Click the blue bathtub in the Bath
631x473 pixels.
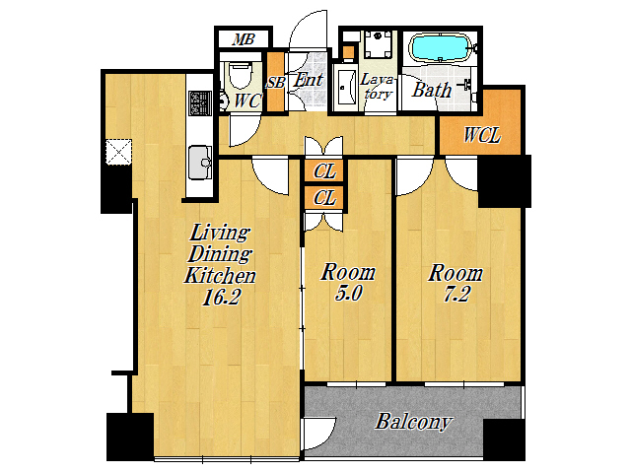(439, 47)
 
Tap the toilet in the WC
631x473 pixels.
(240, 75)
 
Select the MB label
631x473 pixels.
(244, 39)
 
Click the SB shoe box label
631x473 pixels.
(276, 83)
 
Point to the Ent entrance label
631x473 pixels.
(308, 80)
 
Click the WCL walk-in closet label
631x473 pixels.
(482, 135)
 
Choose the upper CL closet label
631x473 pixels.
(324, 171)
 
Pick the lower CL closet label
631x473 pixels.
(324, 197)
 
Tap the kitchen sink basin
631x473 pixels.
(200, 162)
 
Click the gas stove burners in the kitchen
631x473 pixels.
(200, 102)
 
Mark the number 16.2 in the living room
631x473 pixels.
(221, 297)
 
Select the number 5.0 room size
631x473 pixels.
(348, 293)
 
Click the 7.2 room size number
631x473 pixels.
(456, 295)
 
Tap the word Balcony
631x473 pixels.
(413, 422)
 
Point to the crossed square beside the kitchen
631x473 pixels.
(118, 152)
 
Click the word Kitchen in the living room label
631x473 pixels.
(220, 276)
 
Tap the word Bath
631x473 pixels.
(432, 90)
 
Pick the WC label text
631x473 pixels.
(247, 101)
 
